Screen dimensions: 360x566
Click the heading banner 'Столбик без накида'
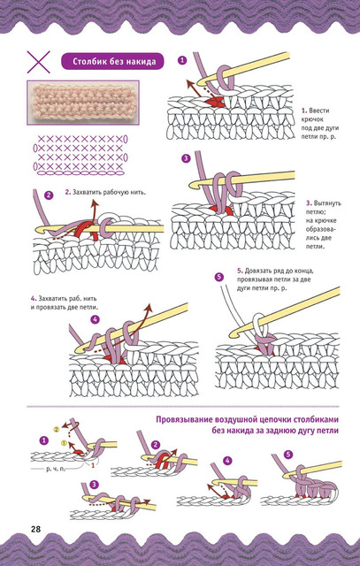[112, 61]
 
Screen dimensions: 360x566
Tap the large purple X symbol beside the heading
[38, 62]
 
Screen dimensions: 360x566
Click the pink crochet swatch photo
[82, 103]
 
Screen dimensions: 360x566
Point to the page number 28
[35, 530]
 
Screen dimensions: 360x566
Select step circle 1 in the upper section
[183, 60]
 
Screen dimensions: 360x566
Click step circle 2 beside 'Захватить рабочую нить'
[49, 195]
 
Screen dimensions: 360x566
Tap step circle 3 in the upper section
[186, 158]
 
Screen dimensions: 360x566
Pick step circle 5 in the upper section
[218, 277]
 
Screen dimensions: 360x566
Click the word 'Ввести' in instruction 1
[319, 111]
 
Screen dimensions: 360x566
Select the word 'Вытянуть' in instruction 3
[327, 203]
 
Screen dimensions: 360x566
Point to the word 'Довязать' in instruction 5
[257, 271]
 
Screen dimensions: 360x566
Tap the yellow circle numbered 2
[57, 430]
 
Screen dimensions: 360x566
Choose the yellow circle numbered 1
[63, 442]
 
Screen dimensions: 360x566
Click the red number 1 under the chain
[93, 466]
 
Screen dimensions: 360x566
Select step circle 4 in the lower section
[227, 461]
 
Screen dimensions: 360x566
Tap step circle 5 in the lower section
[287, 455]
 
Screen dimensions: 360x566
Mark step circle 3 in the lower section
[94, 485]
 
